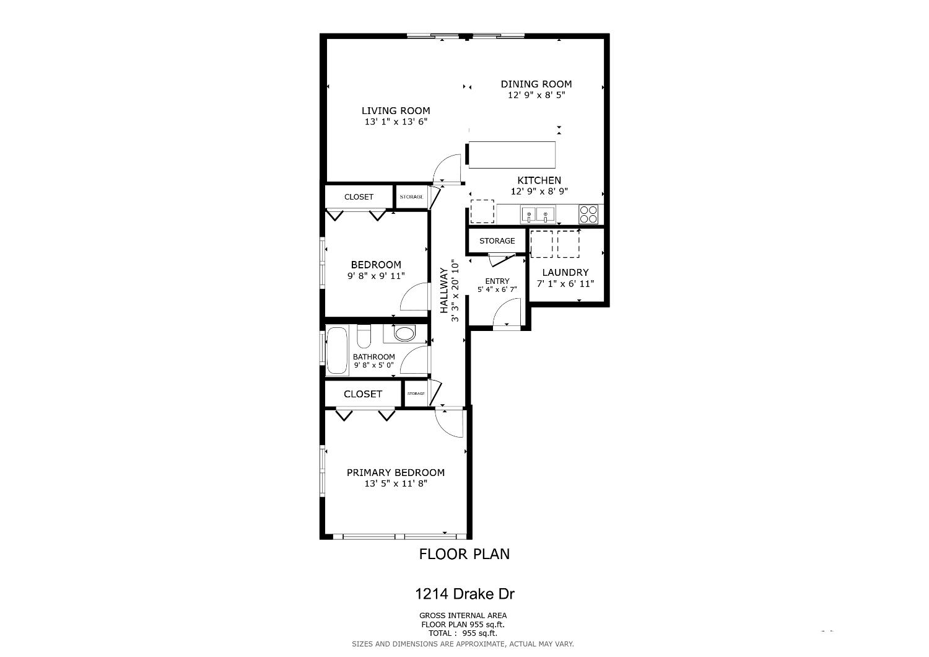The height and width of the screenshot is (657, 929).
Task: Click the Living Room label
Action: tap(396, 111)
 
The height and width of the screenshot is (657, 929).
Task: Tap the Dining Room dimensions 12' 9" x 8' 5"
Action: tap(536, 95)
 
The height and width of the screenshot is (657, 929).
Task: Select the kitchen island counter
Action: tap(512, 155)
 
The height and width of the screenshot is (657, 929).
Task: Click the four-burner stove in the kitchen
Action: tap(589, 214)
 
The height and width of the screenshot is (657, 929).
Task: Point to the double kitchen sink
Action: tap(537, 214)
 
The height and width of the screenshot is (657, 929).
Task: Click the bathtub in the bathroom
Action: tap(338, 351)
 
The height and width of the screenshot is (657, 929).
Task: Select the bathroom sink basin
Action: tap(404, 334)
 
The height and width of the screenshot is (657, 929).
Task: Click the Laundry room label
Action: tap(565, 272)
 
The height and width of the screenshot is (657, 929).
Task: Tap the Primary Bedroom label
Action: tap(395, 472)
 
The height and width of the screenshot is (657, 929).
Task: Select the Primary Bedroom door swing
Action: tap(449, 423)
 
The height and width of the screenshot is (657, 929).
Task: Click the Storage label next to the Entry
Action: tap(497, 240)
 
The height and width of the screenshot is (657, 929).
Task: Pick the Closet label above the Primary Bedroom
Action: tap(363, 394)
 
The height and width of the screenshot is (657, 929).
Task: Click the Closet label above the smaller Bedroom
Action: tap(359, 197)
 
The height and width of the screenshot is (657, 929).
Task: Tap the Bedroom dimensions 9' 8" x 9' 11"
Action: tap(376, 276)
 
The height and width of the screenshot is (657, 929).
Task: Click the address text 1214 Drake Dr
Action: tap(464, 594)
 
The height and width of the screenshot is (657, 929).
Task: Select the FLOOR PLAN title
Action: tap(464, 554)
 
